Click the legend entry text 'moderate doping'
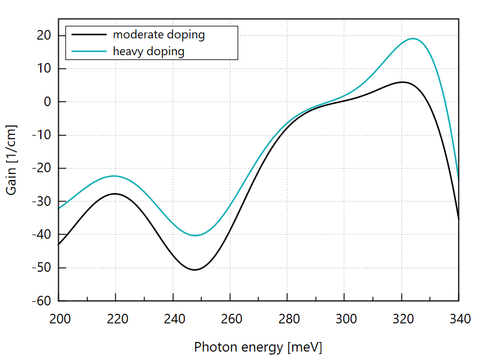click(159, 35)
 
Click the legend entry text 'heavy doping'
click(149, 52)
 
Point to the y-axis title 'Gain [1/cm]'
click(11, 160)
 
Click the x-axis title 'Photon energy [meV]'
click(258, 347)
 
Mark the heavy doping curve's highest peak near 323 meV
click(413, 38)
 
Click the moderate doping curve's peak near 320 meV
click(403, 82)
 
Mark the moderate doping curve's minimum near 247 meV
click(194, 269)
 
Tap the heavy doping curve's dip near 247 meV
click(195, 235)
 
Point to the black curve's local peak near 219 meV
click(114, 194)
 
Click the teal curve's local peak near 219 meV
click(114, 176)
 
